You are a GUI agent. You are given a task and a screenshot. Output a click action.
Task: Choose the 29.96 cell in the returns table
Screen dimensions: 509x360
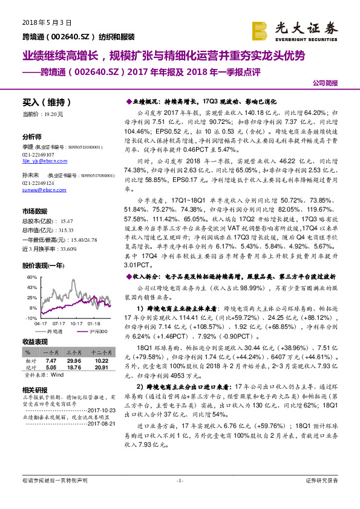(74, 358)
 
